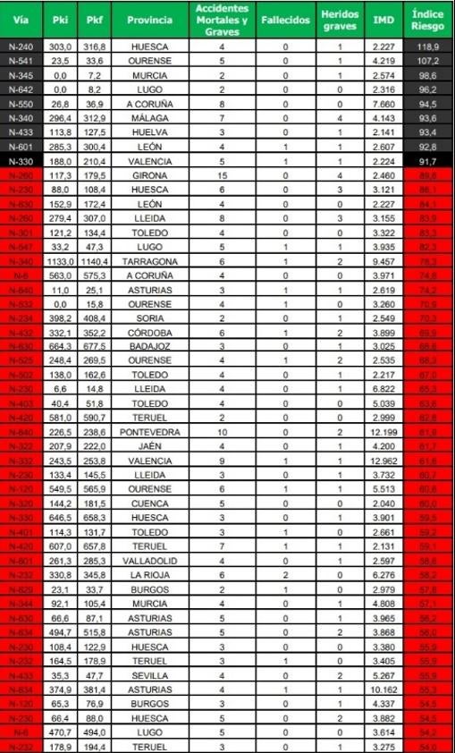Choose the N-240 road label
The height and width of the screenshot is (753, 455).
click(20, 47)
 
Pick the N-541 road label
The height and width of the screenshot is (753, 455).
click(20, 61)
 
